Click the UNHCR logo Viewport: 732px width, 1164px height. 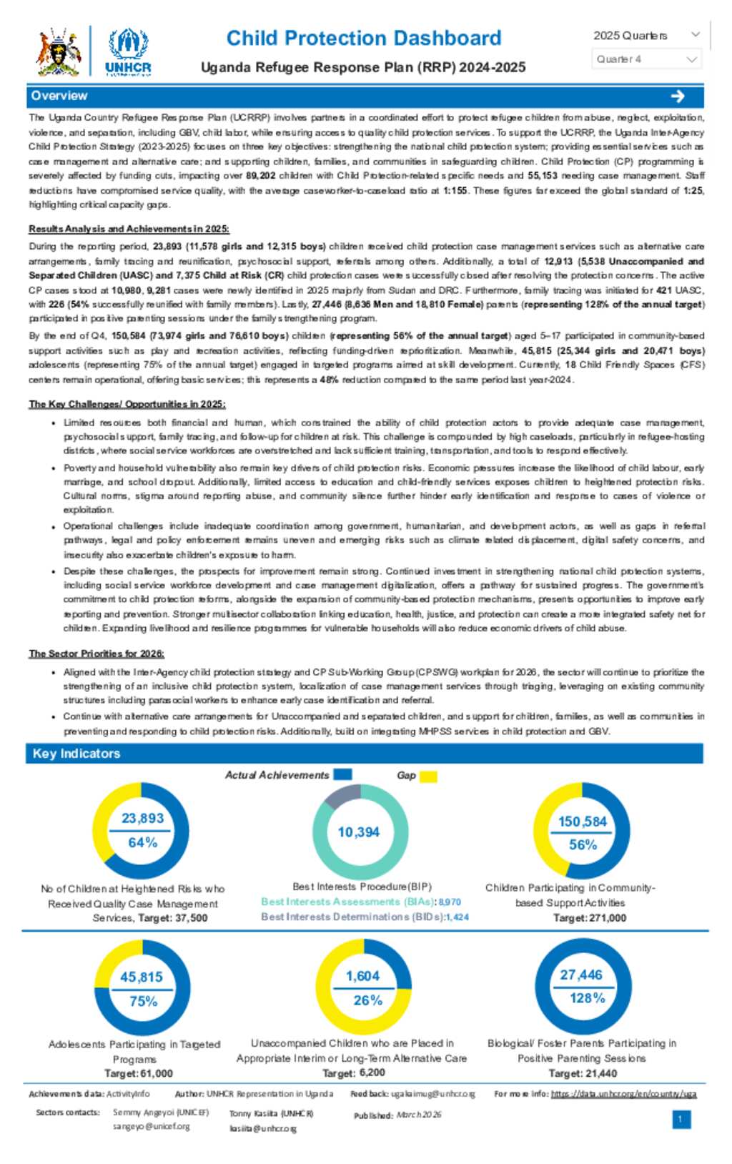tap(128, 51)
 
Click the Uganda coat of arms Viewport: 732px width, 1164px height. tap(59, 51)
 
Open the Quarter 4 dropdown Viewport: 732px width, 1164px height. tap(646, 59)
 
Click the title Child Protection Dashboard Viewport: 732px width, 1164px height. tap(364, 38)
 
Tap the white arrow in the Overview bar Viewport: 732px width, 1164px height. tap(678, 96)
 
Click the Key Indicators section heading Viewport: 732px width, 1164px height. tap(76, 754)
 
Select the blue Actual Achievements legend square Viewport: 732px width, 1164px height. tap(342, 774)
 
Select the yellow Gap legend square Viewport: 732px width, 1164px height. tap(428, 776)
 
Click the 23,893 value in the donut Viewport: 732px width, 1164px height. tap(142, 818)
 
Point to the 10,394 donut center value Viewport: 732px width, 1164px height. tap(358, 832)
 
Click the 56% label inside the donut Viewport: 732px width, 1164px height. tap(583, 844)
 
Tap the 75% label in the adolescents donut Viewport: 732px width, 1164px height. tap(143, 1001)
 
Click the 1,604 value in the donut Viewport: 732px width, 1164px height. tap(362, 976)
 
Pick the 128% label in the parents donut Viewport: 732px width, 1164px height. tap(587, 997)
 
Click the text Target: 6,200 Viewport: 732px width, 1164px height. tap(354, 1072)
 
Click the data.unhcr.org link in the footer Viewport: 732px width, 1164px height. tap(623, 1094)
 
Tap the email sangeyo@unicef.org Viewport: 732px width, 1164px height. tap(151, 1126)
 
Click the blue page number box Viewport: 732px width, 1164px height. tap(681, 1119)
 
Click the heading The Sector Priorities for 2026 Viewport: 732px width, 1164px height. tap(97, 653)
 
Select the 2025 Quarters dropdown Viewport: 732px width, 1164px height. tap(646, 36)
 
